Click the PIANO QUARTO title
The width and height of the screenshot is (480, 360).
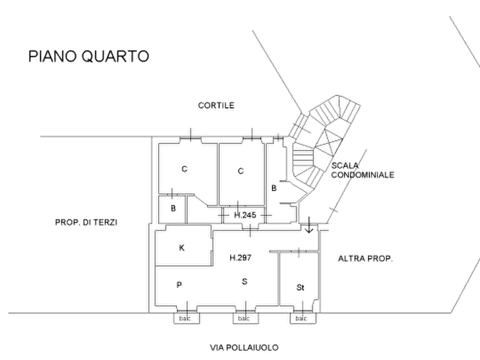89,56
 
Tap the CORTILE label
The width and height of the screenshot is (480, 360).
216,105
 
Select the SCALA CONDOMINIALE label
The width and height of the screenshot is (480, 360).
362,170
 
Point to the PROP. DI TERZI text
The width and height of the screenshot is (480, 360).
86,222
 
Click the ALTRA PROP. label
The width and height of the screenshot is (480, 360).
365,258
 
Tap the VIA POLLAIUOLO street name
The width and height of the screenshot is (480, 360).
244,348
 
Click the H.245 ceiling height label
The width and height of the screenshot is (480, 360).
245,215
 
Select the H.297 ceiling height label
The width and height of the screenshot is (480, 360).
240,258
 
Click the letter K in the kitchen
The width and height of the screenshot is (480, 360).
182,248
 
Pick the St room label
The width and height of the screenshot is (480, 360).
300,287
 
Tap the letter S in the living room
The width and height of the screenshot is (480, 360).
244,282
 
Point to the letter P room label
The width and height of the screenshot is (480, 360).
179,285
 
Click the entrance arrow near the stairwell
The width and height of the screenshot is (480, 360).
309,225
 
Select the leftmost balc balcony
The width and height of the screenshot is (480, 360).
187,319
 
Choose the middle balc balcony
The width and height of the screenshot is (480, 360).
246,319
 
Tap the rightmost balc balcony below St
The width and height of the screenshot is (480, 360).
303,319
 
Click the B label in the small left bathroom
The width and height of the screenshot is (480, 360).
173,208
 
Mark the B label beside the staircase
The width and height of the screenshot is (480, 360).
274,188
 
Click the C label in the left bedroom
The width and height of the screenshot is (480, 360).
184,169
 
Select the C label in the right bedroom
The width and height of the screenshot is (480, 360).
241,171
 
